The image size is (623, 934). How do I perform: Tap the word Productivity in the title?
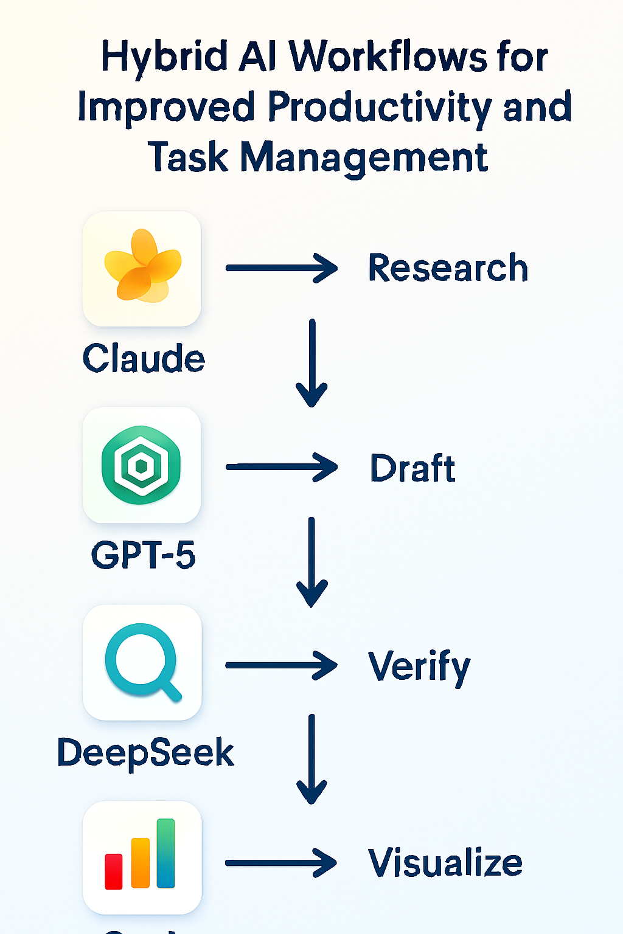[x=378, y=108]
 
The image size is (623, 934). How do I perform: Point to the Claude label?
[x=144, y=358]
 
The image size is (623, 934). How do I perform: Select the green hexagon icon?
[x=141, y=465]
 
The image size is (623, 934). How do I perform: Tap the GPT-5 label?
[x=143, y=555]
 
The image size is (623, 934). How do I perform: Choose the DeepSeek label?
[x=145, y=753]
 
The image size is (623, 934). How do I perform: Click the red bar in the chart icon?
[x=114, y=871]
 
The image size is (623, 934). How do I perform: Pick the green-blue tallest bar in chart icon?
[x=165, y=853]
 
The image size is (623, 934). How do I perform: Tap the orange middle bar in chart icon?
[x=140, y=863]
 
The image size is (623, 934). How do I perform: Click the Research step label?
[x=448, y=268]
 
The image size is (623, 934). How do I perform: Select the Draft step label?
[x=412, y=468]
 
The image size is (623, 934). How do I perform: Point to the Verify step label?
[x=419, y=667]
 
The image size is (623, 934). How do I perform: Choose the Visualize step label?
[x=445, y=863]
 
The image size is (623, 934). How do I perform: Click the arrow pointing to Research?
[x=281, y=268]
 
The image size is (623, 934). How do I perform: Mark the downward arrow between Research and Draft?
[x=312, y=362]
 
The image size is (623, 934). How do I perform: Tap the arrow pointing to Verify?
[x=281, y=665]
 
